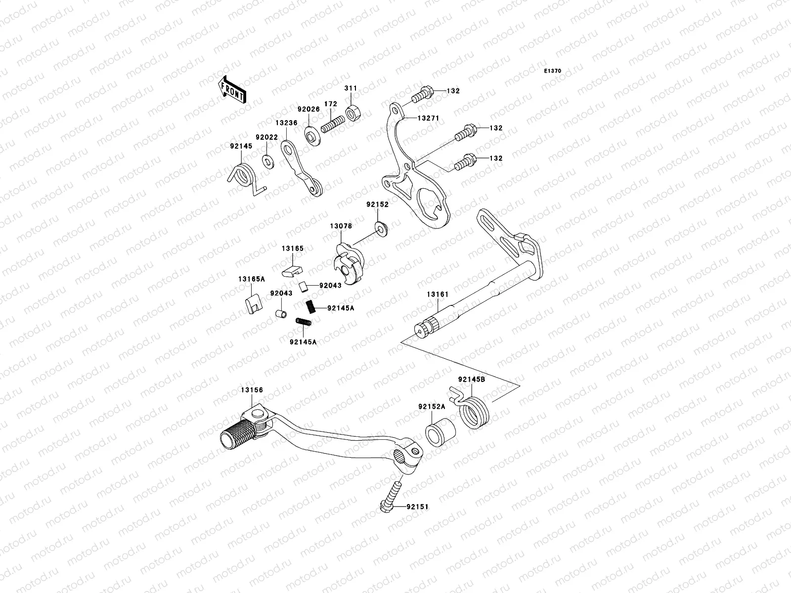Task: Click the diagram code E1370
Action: pyautogui.click(x=553, y=71)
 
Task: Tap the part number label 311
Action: pyautogui.click(x=351, y=88)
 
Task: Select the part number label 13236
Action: pyautogui.click(x=287, y=123)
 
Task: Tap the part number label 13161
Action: pyautogui.click(x=438, y=295)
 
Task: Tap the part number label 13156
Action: pyautogui.click(x=252, y=390)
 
